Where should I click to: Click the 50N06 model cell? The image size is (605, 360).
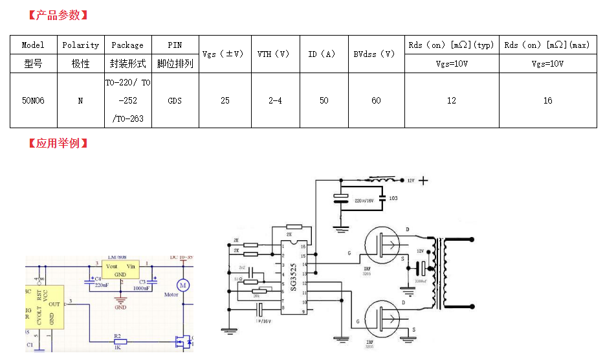pos(33,100)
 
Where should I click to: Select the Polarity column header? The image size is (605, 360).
pos(80,45)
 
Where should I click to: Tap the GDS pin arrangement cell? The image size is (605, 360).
pos(175,100)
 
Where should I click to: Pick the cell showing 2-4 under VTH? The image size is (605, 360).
pos(274,100)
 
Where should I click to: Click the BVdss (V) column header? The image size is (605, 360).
pos(375,54)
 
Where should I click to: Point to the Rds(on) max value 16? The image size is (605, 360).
pos(547,100)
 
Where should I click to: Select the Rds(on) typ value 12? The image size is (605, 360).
pos(452,100)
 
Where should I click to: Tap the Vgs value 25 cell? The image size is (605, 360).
pos(225,100)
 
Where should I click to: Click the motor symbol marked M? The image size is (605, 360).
pos(182,284)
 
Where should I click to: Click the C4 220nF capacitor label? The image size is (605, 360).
pos(100,282)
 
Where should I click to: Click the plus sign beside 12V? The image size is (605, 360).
pos(424,181)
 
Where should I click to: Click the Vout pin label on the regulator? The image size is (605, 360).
pos(111,266)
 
